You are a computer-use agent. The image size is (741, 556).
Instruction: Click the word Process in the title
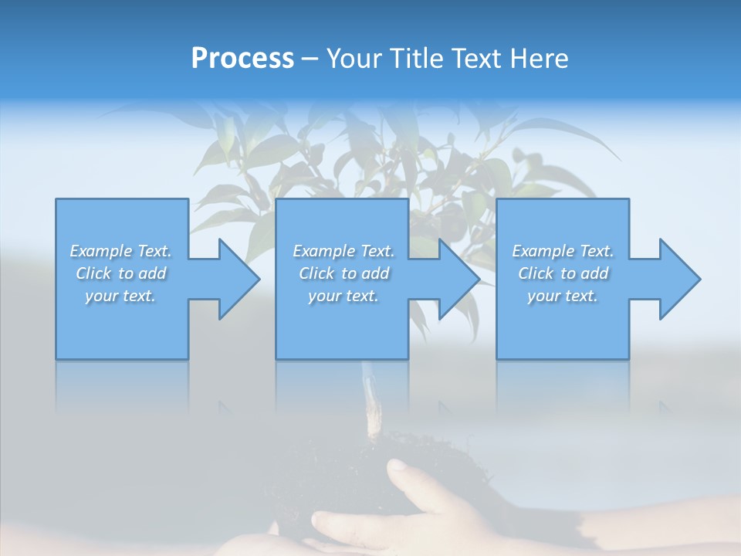coord(242,59)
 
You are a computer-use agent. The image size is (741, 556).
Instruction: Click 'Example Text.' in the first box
coord(120,251)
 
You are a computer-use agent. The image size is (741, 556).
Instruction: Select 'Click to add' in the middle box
coord(343,273)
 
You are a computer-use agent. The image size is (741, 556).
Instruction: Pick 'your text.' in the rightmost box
coord(563,296)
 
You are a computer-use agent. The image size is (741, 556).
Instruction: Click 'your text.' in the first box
coord(120,296)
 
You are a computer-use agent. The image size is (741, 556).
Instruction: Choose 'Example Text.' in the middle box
coord(343,251)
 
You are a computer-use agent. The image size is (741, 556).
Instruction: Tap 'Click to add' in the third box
coord(563,273)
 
